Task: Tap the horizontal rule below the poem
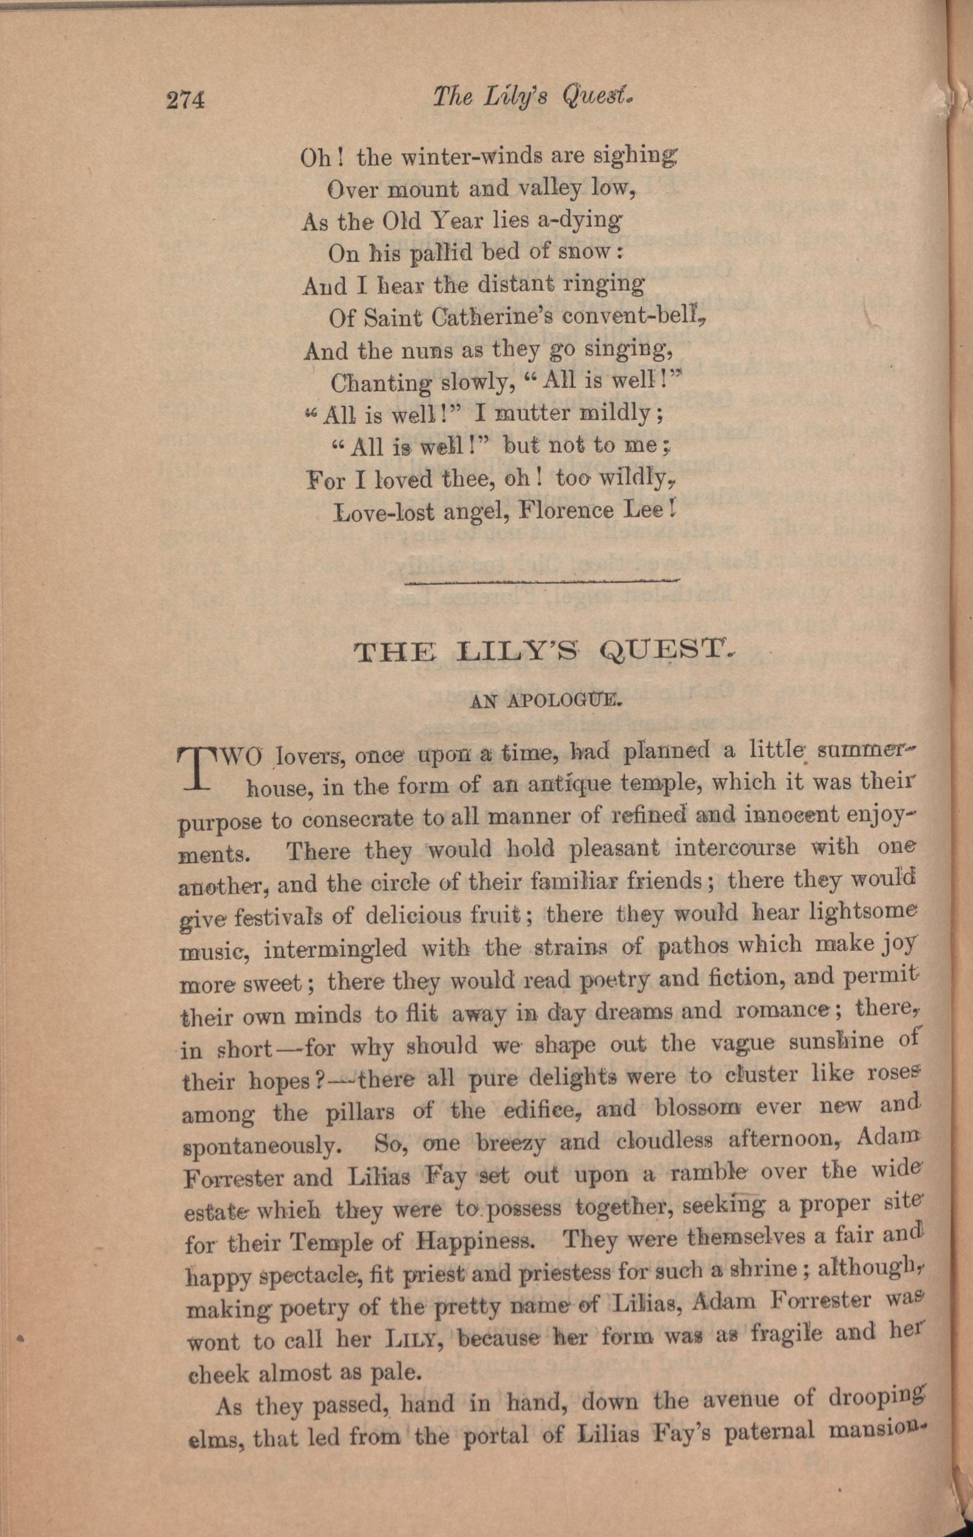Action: [542, 582]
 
